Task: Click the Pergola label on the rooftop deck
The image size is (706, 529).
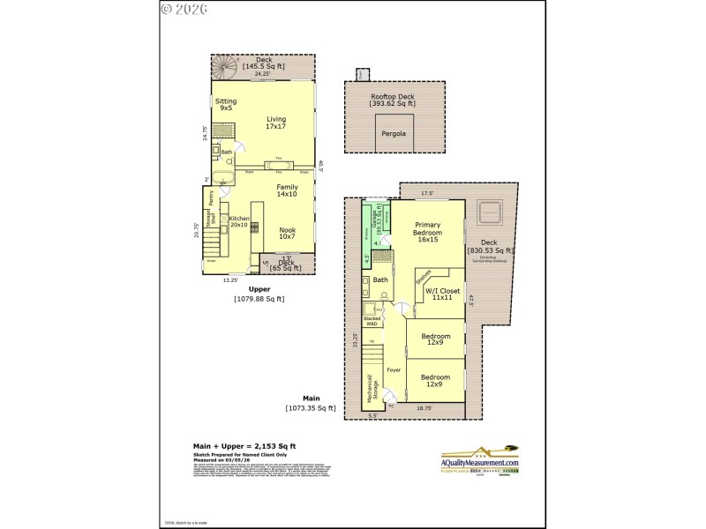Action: click(x=392, y=133)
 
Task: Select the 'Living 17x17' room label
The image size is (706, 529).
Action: click(x=276, y=122)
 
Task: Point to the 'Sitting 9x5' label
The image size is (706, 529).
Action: click(x=226, y=105)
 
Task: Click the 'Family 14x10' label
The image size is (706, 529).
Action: click(x=287, y=191)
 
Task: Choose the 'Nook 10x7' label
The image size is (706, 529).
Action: click(x=287, y=232)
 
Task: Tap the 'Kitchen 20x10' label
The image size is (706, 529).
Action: click(x=240, y=221)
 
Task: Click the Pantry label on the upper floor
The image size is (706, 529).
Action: click(x=212, y=197)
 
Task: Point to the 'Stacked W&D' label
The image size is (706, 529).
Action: click(x=372, y=320)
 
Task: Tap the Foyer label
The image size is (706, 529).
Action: click(x=394, y=370)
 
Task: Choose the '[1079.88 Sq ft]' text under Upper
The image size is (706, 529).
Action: click(x=259, y=299)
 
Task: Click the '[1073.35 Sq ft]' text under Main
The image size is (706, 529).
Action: click(x=311, y=408)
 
